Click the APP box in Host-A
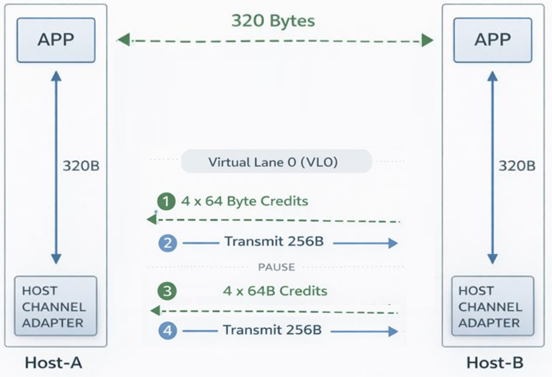pos(56,38)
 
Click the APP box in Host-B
pos(492,38)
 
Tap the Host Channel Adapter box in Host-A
pos(56,307)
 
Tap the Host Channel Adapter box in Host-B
pos(492,307)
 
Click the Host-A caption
pos(54,364)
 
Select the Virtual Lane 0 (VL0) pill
pos(275,162)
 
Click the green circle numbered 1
pos(166,202)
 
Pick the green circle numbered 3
pos(166,290)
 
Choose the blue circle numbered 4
pos(166,330)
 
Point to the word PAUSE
pos(276,267)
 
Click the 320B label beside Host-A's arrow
pos(81,166)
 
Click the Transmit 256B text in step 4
pos(272,330)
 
